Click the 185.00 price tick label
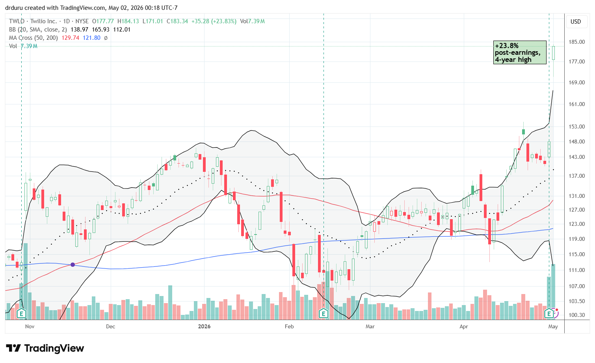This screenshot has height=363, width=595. click(576, 42)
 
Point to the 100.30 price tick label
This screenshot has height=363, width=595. click(576, 315)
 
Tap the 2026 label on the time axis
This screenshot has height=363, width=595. click(204, 326)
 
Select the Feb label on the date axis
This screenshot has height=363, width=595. click(289, 326)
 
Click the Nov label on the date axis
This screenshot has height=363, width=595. click(30, 326)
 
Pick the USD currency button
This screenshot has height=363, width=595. click(576, 22)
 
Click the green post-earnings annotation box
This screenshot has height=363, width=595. click(520, 52)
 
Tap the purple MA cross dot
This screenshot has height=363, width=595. click(73, 265)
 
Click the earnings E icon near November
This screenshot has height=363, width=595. click(21, 314)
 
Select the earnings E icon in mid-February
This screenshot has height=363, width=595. click(323, 314)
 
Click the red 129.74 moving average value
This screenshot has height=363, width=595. click(70, 38)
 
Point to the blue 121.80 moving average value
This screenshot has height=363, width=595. click(91, 38)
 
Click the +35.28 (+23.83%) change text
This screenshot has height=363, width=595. click(214, 21)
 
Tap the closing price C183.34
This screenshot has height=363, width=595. click(178, 21)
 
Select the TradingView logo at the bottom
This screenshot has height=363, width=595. click(45, 348)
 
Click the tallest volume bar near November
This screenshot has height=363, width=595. click(26, 281)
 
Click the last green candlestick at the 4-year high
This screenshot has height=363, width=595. click(553, 53)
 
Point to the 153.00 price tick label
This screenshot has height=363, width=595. click(576, 127)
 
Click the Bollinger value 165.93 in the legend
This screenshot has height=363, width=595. click(100, 30)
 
